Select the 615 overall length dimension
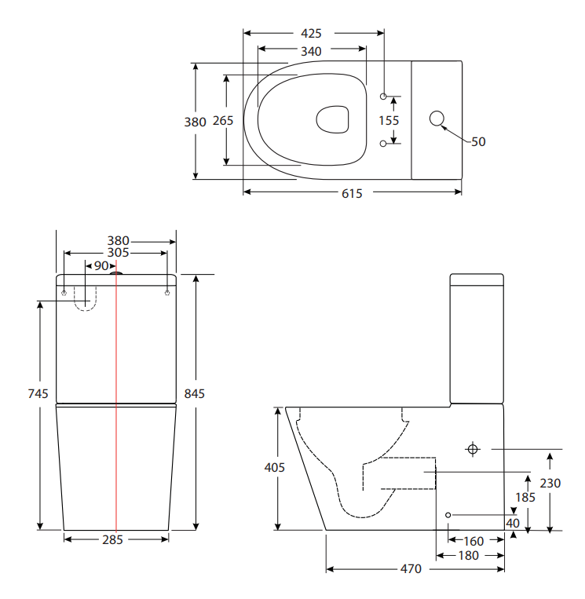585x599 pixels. point(352,193)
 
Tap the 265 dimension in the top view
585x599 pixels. point(223,121)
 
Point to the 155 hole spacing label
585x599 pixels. point(389,120)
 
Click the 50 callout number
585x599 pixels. point(478,142)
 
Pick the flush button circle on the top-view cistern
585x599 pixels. point(437,119)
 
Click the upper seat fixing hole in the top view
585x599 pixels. point(383,96)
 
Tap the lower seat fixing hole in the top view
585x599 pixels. point(383,143)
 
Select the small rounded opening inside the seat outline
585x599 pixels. point(333,119)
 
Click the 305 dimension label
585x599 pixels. point(118,253)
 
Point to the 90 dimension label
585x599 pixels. point(101,266)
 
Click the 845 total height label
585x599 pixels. point(194,393)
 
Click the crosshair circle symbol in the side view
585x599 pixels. point(473,449)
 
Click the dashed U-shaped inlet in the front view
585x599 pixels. point(85,298)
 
